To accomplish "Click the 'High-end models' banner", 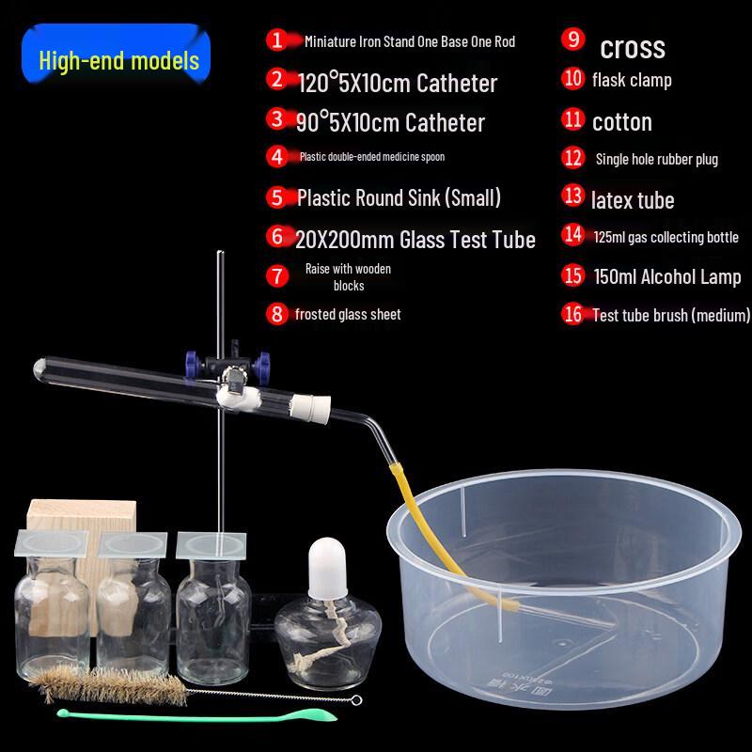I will click(x=119, y=62).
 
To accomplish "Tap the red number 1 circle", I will click(x=275, y=40).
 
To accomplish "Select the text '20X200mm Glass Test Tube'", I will click(x=415, y=239).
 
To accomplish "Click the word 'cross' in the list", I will click(x=632, y=46).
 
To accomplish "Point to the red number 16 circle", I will click(x=573, y=315).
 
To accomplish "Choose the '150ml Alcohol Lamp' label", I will click(x=666, y=277).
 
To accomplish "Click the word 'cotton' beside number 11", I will click(x=621, y=121).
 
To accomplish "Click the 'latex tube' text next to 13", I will click(x=633, y=199).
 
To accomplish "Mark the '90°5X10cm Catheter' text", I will click(x=390, y=122).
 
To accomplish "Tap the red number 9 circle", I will click(x=573, y=39).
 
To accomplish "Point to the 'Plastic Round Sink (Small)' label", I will click(x=399, y=198).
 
